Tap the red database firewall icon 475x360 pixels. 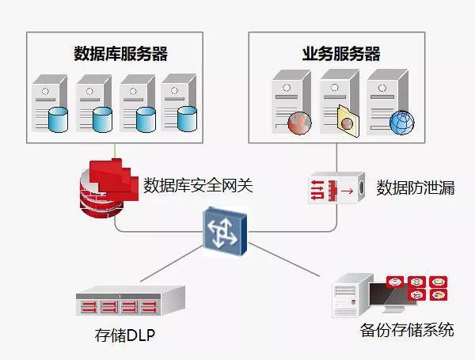coord(106,189)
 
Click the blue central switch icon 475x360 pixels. coord(226,230)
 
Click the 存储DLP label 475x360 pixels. coord(124,335)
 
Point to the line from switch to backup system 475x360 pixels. coord(289,260)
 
